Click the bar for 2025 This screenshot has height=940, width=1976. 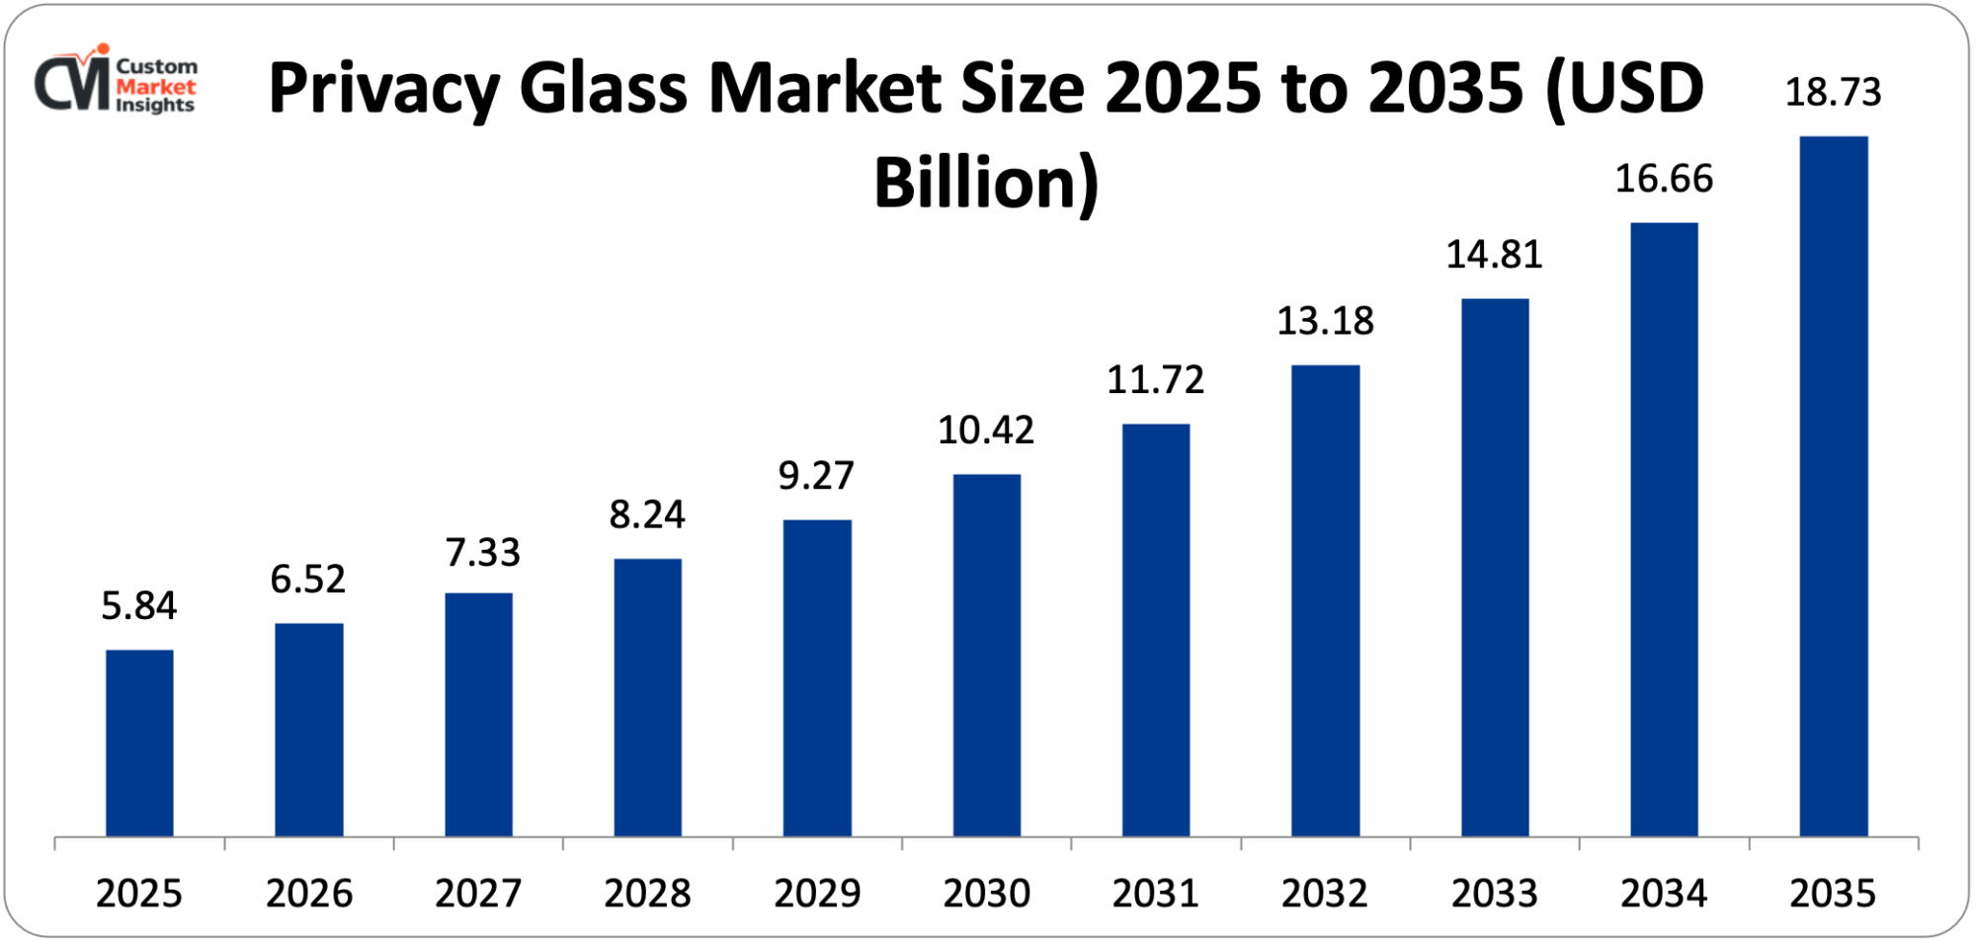pyautogui.click(x=139, y=743)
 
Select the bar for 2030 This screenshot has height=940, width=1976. pyautogui.click(x=986, y=655)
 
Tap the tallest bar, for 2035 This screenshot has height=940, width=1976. pyautogui.click(x=1833, y=486)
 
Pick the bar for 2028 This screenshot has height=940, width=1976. pyautogui.click(x=647, y=697)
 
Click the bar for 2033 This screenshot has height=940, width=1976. pyautogui.click(x=1494, y=567)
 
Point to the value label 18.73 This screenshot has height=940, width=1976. pyautogui.click(x=1833, y=92)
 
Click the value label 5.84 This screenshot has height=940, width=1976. pyautogui.click(x=139, y=605)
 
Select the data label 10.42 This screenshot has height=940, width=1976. pyautogui.click(x=986, y=430)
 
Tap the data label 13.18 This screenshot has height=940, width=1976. pyautogui.click(x=1325, y=321)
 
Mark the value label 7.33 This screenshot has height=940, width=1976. pyautogui.click(x=482, y=552)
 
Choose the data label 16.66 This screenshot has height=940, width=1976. pyautogui.click(x=1664, y=179)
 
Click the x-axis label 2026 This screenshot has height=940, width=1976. pyautogui.click(x=309, y=894)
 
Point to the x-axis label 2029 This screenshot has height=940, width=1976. pyautogui.click(x=817, y=894)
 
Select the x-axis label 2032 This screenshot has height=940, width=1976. pyautogui.click(x=1325, y=894)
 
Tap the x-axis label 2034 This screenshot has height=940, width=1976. pyautogui.click(x=1664, y=894)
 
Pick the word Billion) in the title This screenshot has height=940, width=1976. pyautogui.click(x=986, y=184)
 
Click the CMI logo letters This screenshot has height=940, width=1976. pyautogui.click(x=72, y=83)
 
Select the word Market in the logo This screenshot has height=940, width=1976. pyautogui.click(x=155, y=86)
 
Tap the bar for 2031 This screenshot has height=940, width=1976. pyautogui.click(x=1156, y=630)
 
